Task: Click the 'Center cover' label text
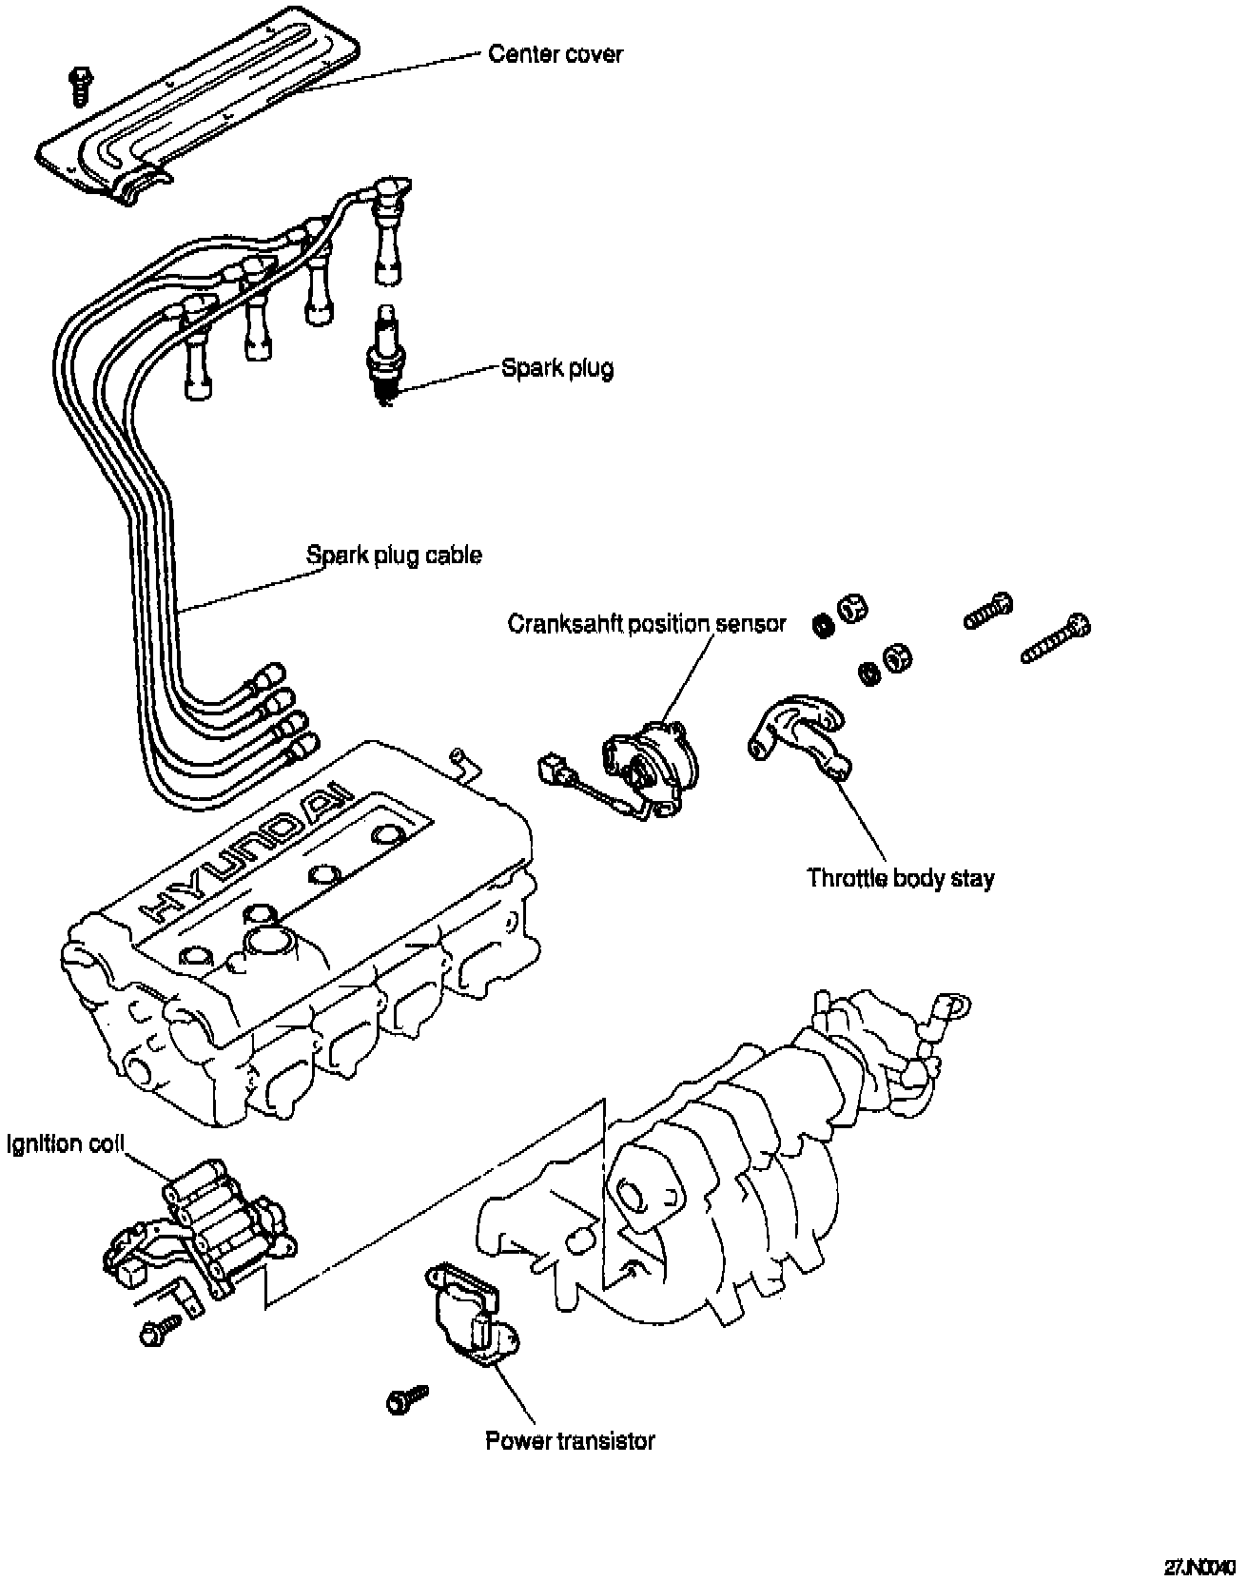point(555,54)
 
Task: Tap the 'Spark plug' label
point(557,368)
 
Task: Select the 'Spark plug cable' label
point(394,555)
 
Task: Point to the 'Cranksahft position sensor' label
point(647,624)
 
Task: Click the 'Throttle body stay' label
point(900,877)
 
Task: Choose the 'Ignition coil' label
point(66,1143)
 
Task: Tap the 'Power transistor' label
point(570,1441)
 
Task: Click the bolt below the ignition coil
point(160,1332)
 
